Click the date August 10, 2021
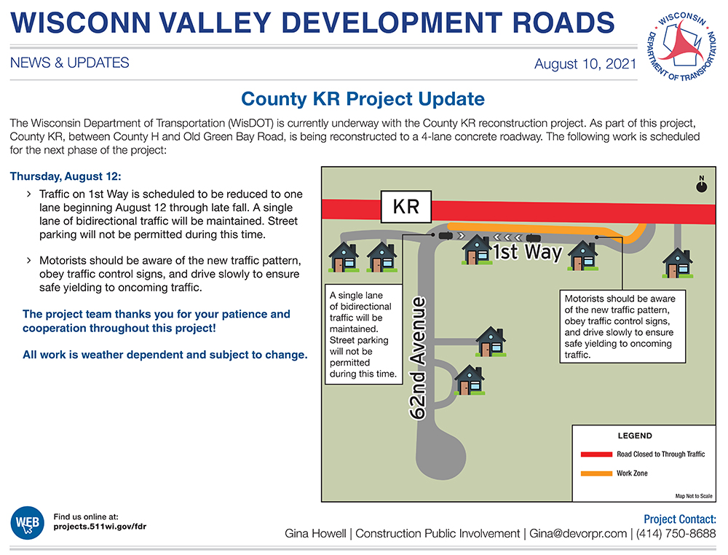point(585,63)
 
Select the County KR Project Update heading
point(363,99)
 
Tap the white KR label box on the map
point(406,207)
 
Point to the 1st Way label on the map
point(527,252)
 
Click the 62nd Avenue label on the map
point(418,358)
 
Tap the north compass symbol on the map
point(702,184)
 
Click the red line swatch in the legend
point(597,454)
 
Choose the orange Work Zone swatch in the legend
point(597,473)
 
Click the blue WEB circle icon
point(28,522)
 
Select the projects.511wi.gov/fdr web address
point(100,527)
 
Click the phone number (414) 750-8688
point(676,534)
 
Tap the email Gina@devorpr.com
point(578,534)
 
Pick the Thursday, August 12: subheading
point(66,176)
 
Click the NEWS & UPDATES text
point(70,63)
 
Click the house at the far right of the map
point(677,264)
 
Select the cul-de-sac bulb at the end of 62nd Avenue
point(441,455)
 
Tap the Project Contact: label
point(680,519)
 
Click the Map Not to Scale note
point(694,496)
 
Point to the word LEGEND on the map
point(635,436)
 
